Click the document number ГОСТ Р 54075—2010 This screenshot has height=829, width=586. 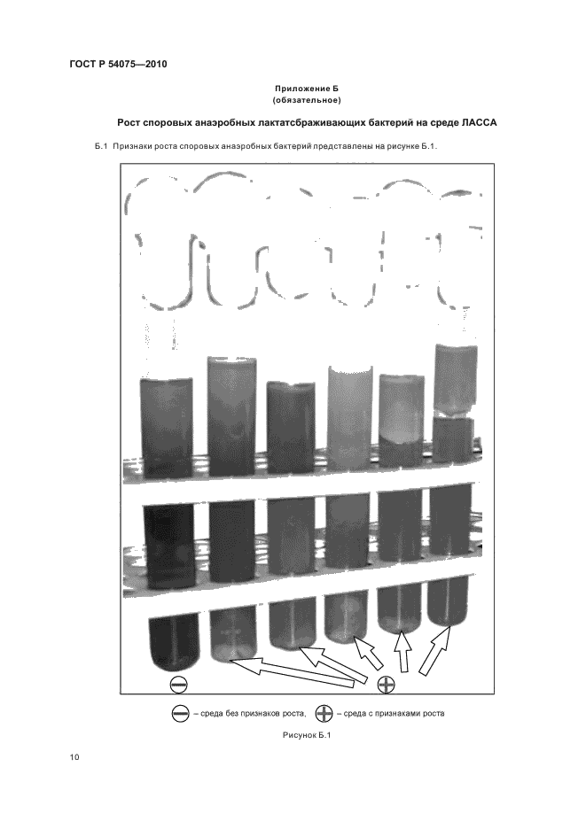(118, 65)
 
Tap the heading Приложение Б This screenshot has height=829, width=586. (307, 89)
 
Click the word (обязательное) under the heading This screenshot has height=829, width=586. (307, 100)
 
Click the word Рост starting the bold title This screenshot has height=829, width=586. (129, 123)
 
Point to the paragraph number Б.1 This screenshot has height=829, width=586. (101, 146)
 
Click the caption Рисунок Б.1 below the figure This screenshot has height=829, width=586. (307, 735)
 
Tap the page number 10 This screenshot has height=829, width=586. (74, 757)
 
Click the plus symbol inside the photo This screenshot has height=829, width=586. (386, 684)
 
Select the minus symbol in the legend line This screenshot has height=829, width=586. (181, 714)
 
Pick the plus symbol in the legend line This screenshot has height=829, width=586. (324, 714)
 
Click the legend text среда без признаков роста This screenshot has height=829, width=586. (250, 714)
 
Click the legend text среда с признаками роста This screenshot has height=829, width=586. (394, 714)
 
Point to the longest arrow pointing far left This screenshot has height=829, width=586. (292, 672)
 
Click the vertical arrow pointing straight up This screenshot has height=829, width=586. (403, 651)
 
